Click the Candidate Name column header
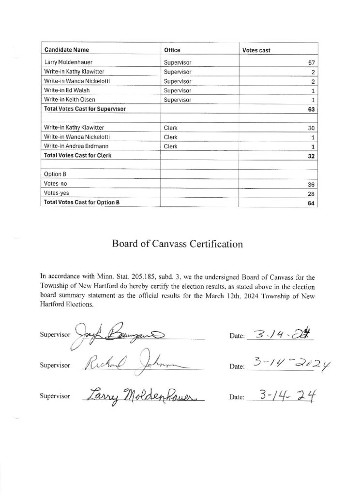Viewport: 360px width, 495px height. click(67, 50)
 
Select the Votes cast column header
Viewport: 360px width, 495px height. click(256, 50)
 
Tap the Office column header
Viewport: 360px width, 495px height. click(172, 50)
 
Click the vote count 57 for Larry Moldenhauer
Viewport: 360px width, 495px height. click(311, 63)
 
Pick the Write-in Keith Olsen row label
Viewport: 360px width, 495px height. click(69, 100)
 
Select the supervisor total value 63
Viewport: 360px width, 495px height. click(311, 110)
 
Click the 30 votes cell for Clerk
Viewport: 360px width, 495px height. click(311, 128)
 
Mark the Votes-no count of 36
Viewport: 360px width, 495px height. click(311, 185)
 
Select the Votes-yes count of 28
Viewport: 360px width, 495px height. click(311, 194)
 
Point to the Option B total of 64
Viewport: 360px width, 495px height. click(311, 204)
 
